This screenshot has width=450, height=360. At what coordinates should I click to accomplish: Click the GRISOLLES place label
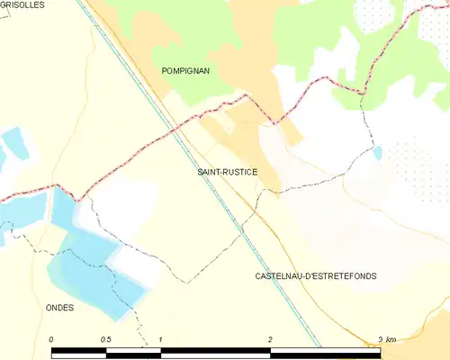(19, 4)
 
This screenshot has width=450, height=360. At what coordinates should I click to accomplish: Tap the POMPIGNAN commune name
(185, 70)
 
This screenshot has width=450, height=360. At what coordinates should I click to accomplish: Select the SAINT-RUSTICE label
(227, 171)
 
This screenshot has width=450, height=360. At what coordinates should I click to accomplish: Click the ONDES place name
(59, 307)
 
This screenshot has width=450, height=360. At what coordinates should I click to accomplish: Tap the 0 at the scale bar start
(52, 338)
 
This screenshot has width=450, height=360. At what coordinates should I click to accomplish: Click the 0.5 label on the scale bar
(106, 338)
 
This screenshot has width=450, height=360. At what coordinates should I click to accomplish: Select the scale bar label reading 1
(160, 338)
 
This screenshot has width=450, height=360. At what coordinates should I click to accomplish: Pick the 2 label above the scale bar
(270, 338)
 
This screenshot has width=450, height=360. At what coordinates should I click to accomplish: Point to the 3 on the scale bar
(381, 338)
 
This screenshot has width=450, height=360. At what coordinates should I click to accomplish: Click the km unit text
(391, 338)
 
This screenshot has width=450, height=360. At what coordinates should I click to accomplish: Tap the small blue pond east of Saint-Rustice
(377, 152)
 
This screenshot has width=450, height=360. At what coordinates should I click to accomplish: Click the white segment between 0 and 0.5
(79, 352)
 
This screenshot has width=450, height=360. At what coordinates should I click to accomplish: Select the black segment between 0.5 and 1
(133, 352)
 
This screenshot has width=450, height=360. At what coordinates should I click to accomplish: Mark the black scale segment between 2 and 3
(325, 352)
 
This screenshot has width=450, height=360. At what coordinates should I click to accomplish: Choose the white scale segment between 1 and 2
(215, 352)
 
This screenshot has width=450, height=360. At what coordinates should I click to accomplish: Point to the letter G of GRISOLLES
(4, 4)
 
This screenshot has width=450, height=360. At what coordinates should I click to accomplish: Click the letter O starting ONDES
(49, 307)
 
